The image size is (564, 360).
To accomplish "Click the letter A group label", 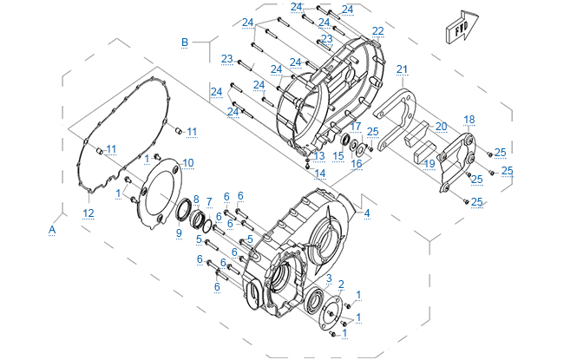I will tap(52, 229).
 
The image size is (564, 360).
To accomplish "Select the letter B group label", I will tap(184, 42).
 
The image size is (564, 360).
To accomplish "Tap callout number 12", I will tap(88, 213).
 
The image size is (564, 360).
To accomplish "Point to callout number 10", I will tap(188, 163).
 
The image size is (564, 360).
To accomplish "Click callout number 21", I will tap(401, 69).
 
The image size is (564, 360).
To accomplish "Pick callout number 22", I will tap(377, 31).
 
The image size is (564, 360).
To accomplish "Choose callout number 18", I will tap(469, 119).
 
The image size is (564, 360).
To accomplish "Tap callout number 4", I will tap(367, 213).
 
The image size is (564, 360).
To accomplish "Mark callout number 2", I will tap(341, 285).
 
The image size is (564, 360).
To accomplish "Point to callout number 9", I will tap(179, 232).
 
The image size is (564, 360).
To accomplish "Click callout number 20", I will tap(441, 127).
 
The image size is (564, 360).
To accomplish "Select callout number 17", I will tap(355, 126).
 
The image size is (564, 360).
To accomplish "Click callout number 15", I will tap(338, 156).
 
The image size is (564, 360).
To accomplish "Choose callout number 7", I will tap(208, 201).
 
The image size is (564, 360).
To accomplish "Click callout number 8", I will tap(196, 199).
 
